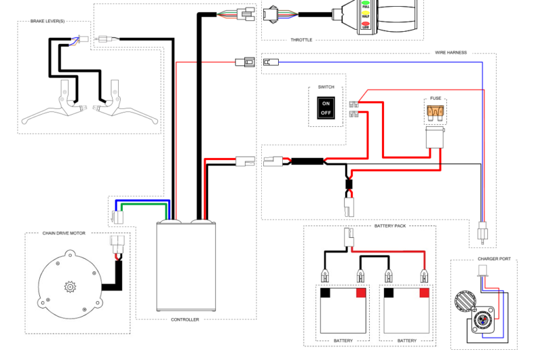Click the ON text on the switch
pyautogui.click(x=326, y=103)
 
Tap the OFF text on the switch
pyautogui.click(x=326, y=113)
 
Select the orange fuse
pyautogui.click(x=435, y=111)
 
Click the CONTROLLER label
pyautogui.click(x=185, y=319)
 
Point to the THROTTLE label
pyautogui.click(x=302, y=40)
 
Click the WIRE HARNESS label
pyautogui.click(x=451, y=52)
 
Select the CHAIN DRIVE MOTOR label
pyautogui.click(x=64, y=233)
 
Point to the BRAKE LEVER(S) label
pyautogui.click(x=48, y=21)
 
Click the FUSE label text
pyautogui.click(x=435, y=98)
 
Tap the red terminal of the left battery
pyautogui.click(x=360, y=292)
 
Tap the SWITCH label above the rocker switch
pyautogui.click(x=326, y=88)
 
